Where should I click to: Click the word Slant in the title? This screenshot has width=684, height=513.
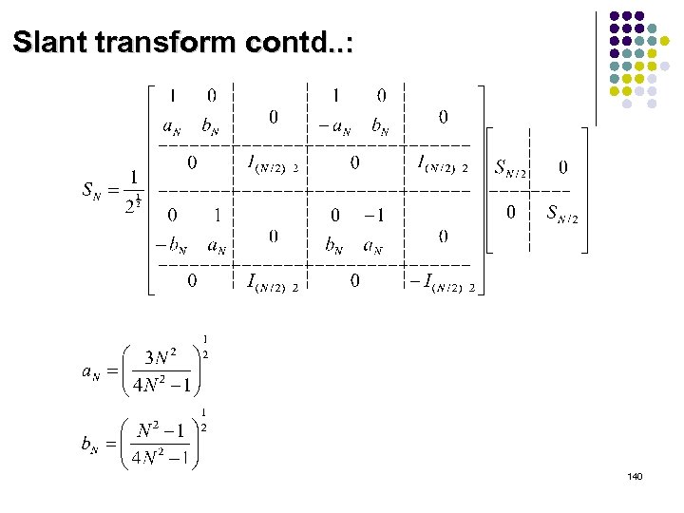coord(55,42)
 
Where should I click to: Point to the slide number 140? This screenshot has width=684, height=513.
coord(636,475)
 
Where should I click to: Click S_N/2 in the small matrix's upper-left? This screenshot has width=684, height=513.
coord(511,167)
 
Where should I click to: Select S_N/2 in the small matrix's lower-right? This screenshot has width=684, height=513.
coord(561,213)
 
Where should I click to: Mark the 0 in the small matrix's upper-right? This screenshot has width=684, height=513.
coord(562,167)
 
